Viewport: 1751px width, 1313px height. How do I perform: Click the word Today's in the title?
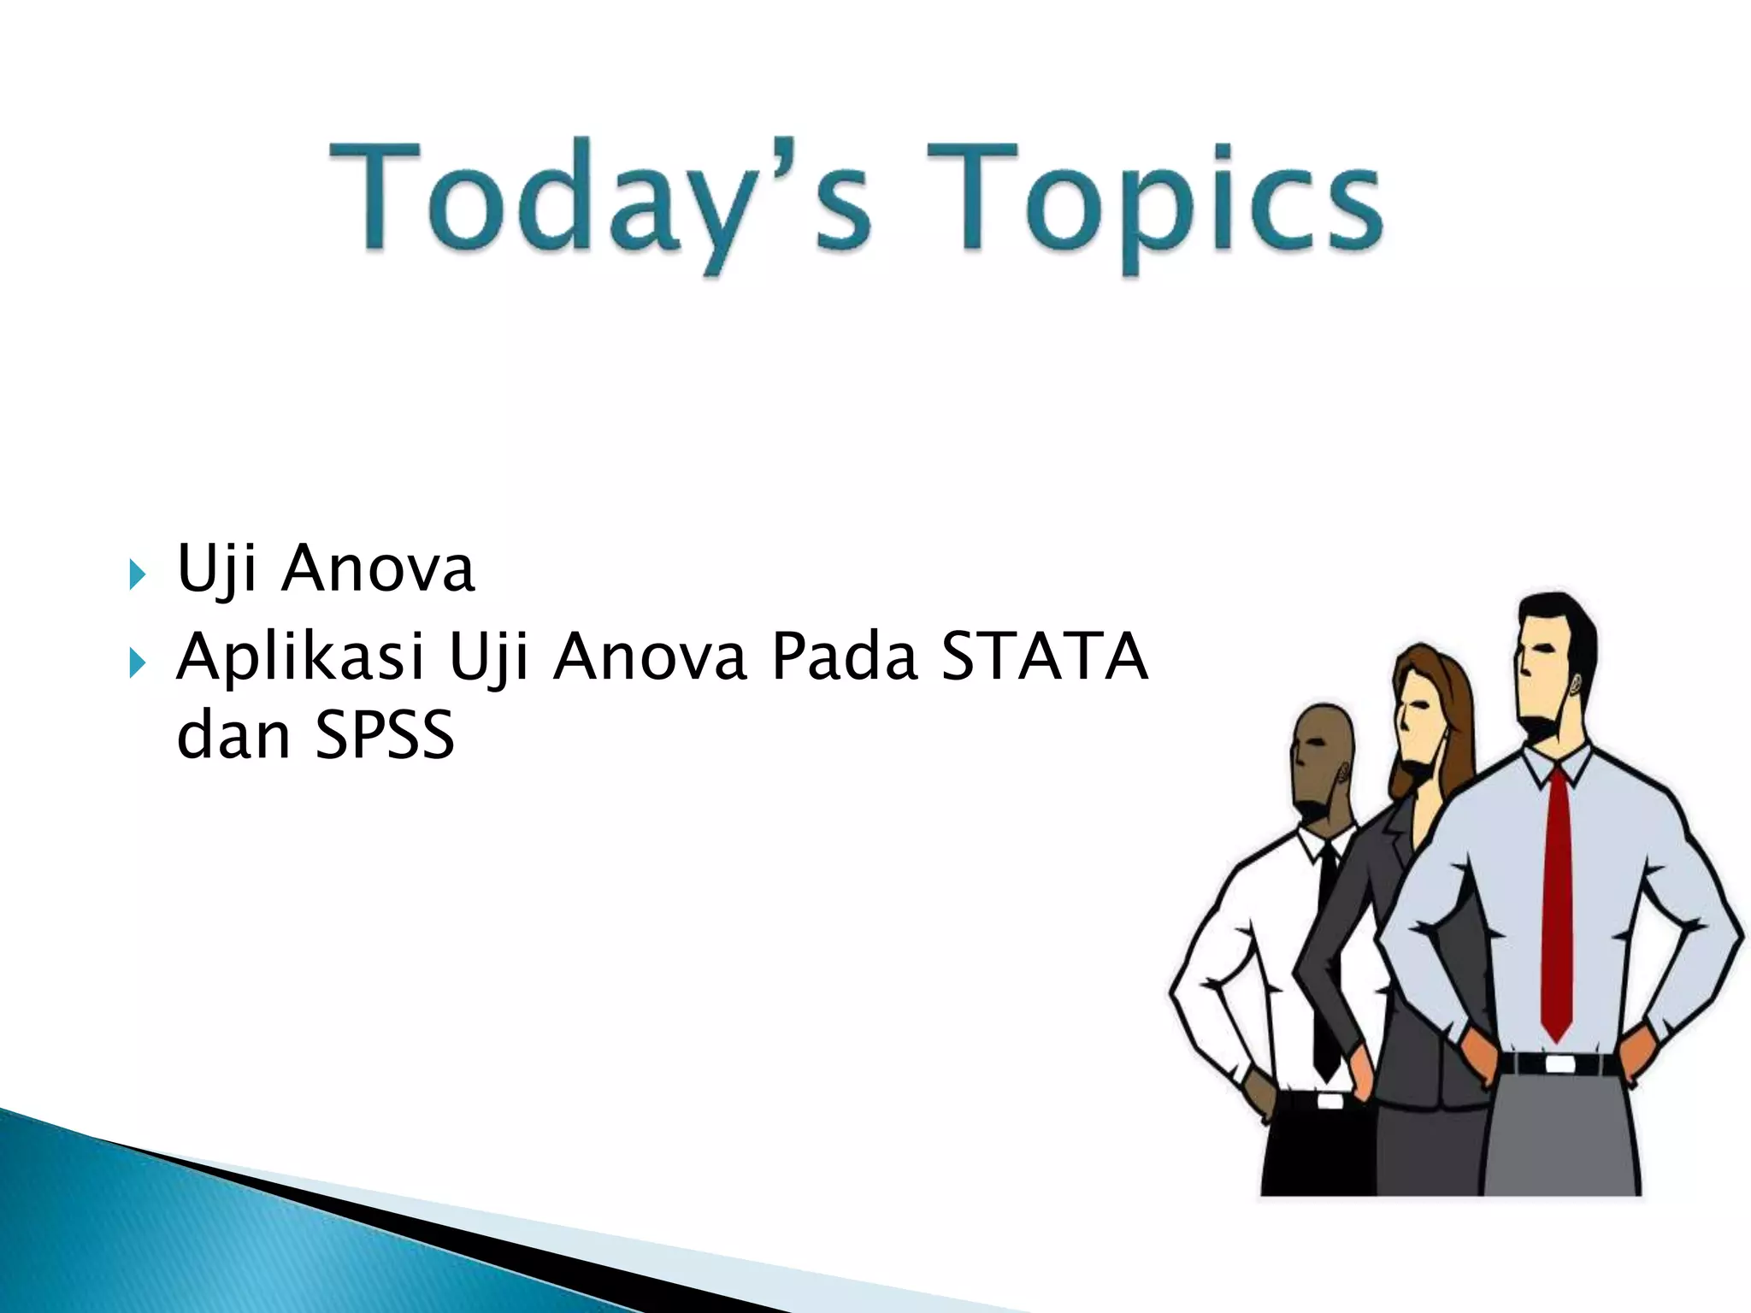tap(598, 201)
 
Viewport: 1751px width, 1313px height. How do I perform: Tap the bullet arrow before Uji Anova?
tap(138, 574)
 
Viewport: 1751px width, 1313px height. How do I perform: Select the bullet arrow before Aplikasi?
tap(138, 662)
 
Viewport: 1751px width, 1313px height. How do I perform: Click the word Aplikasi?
tap(299, 658)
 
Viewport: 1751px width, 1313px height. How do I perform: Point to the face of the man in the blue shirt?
tap(1539, 675)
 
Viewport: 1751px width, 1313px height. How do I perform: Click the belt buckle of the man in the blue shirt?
tap(1561, 1065)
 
